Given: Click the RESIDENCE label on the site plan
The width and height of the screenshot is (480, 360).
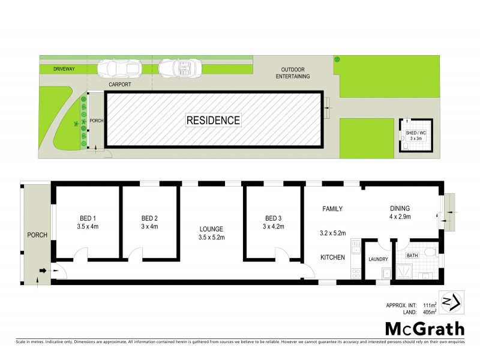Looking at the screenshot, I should (x=213, y=120).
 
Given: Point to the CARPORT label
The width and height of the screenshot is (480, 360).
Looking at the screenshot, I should (x=119, y=85).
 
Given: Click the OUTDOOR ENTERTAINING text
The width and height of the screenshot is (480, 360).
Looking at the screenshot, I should (x=293, y=73).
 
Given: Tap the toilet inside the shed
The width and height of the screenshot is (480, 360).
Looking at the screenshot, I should (x=407, y=146).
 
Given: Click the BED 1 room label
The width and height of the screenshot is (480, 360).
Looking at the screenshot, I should (x=88, y=218).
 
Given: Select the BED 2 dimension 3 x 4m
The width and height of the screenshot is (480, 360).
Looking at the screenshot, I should (x=149, y=227).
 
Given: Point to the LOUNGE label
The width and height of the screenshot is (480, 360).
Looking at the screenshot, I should (x=212, y=229).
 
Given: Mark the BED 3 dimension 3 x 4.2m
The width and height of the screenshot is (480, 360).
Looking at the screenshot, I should (x=273, y=227).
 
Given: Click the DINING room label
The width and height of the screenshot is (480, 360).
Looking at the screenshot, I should (x=399, y=209).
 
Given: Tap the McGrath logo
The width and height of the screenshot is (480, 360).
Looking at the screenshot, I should (x=425, y=328).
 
